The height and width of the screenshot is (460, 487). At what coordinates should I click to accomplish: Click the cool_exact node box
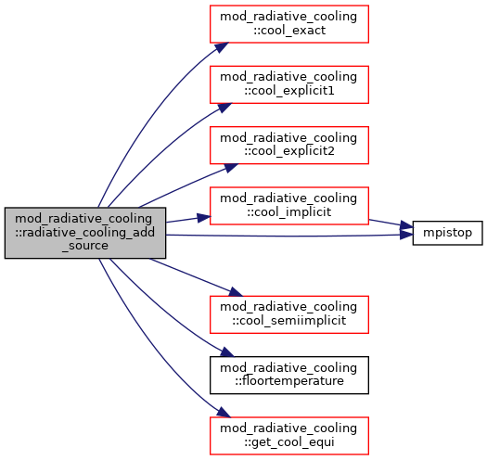click(x=289, y=24)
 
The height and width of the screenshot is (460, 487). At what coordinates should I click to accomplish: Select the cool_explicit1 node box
click(x=289, y=84)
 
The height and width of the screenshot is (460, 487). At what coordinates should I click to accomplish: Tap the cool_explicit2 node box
click(x=289, y=145)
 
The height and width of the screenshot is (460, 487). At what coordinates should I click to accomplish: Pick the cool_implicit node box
click(x=289, y=206)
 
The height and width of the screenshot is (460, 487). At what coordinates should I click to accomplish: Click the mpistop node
click(x=447, y=233)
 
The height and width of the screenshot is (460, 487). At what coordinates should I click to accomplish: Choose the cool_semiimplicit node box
click(x=289, y=314)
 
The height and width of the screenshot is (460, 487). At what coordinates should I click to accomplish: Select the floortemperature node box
click(x=289, y=376)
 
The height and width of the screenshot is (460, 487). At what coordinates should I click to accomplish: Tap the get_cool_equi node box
click(x=289, y=436)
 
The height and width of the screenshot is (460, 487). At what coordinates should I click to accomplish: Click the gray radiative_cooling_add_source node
click(x=85, y=233)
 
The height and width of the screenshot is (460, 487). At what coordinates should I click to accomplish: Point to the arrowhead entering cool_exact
click(x=222, y=47)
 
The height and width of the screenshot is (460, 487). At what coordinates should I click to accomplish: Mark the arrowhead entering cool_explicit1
click(x=224, y=108)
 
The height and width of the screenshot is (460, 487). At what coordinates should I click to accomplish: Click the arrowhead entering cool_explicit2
click(x=231, y=168)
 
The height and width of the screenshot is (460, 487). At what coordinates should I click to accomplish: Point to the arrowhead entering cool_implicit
click(x=204, y=217)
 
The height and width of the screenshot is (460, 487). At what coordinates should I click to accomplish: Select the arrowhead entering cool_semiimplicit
click(x=235, y=292)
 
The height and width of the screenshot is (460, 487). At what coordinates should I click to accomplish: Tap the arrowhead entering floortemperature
click(x=226, y=351)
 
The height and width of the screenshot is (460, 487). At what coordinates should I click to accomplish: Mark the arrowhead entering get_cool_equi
click(x=224, y=412)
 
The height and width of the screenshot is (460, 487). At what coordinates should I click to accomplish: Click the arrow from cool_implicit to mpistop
click(x=391, y=224)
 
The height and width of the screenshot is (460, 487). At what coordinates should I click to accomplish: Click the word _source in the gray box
click(x=85, y=246)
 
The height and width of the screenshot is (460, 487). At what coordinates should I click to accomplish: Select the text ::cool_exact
click(x=289, y=31)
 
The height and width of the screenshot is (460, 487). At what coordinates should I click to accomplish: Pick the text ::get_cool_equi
click(x=289, y=442)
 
